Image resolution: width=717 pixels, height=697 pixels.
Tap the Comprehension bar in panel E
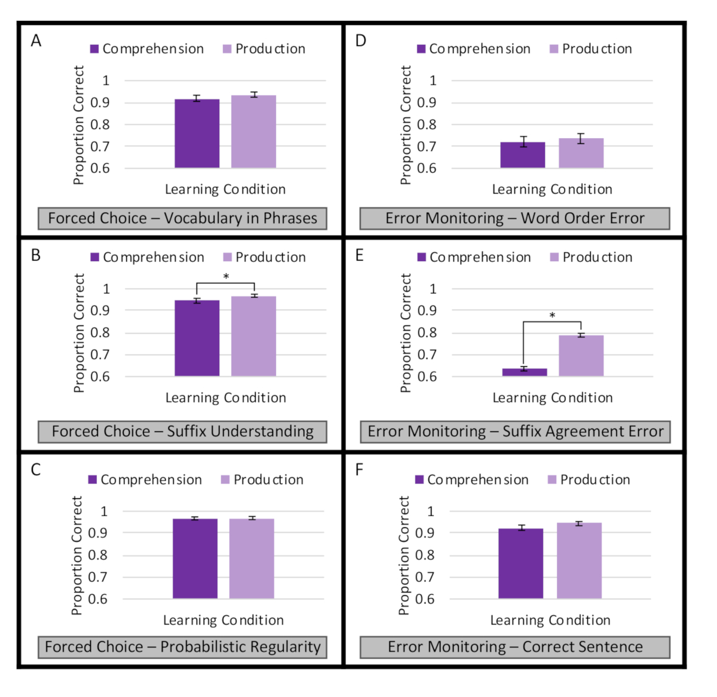click(x=524, y=372)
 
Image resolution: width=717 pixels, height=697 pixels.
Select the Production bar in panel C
click(x=252, y=558)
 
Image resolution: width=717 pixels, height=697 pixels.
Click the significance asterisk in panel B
click(x=226, y=277)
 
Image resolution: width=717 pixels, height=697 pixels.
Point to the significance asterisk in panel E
click(x=552, y=316)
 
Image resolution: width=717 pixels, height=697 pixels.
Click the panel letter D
click(x=360, y=41)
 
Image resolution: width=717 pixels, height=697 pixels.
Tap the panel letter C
click(x=36, y=470)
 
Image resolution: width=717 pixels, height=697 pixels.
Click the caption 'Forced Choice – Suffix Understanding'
click(x=182, y=432)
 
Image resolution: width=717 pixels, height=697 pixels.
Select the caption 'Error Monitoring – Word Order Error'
click(x=514, y=219)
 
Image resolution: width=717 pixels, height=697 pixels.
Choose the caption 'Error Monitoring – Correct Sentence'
click(x=514, y=647)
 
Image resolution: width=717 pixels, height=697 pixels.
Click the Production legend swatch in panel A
click(x=227, y=49)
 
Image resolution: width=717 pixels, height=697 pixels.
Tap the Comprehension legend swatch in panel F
click(x=419, y=479)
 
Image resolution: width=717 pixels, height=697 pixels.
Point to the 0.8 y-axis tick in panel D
click(x=427, y=124)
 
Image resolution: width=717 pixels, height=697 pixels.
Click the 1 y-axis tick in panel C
click(x=104, y=511)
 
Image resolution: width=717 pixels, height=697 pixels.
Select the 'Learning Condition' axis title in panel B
click(x=225, y=398)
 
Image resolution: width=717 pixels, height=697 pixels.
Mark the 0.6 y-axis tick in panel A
click(x=100, y=168)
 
